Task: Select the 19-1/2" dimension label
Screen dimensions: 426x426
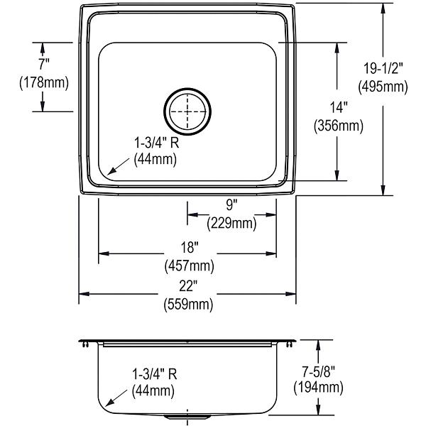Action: tap(383, 68)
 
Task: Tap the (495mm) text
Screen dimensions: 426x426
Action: tap(383, 87)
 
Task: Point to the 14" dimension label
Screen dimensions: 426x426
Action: tap(339, 107)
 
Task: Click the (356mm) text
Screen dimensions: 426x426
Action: tap(339, 126)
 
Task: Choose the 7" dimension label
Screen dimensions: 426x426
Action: tap(43, 65)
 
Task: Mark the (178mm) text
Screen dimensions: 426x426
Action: tap(44, 82)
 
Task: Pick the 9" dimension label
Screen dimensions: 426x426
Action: tap(231, 204)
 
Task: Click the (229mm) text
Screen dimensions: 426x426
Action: tap(231, 224)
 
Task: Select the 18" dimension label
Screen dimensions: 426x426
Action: tap(190, 247)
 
